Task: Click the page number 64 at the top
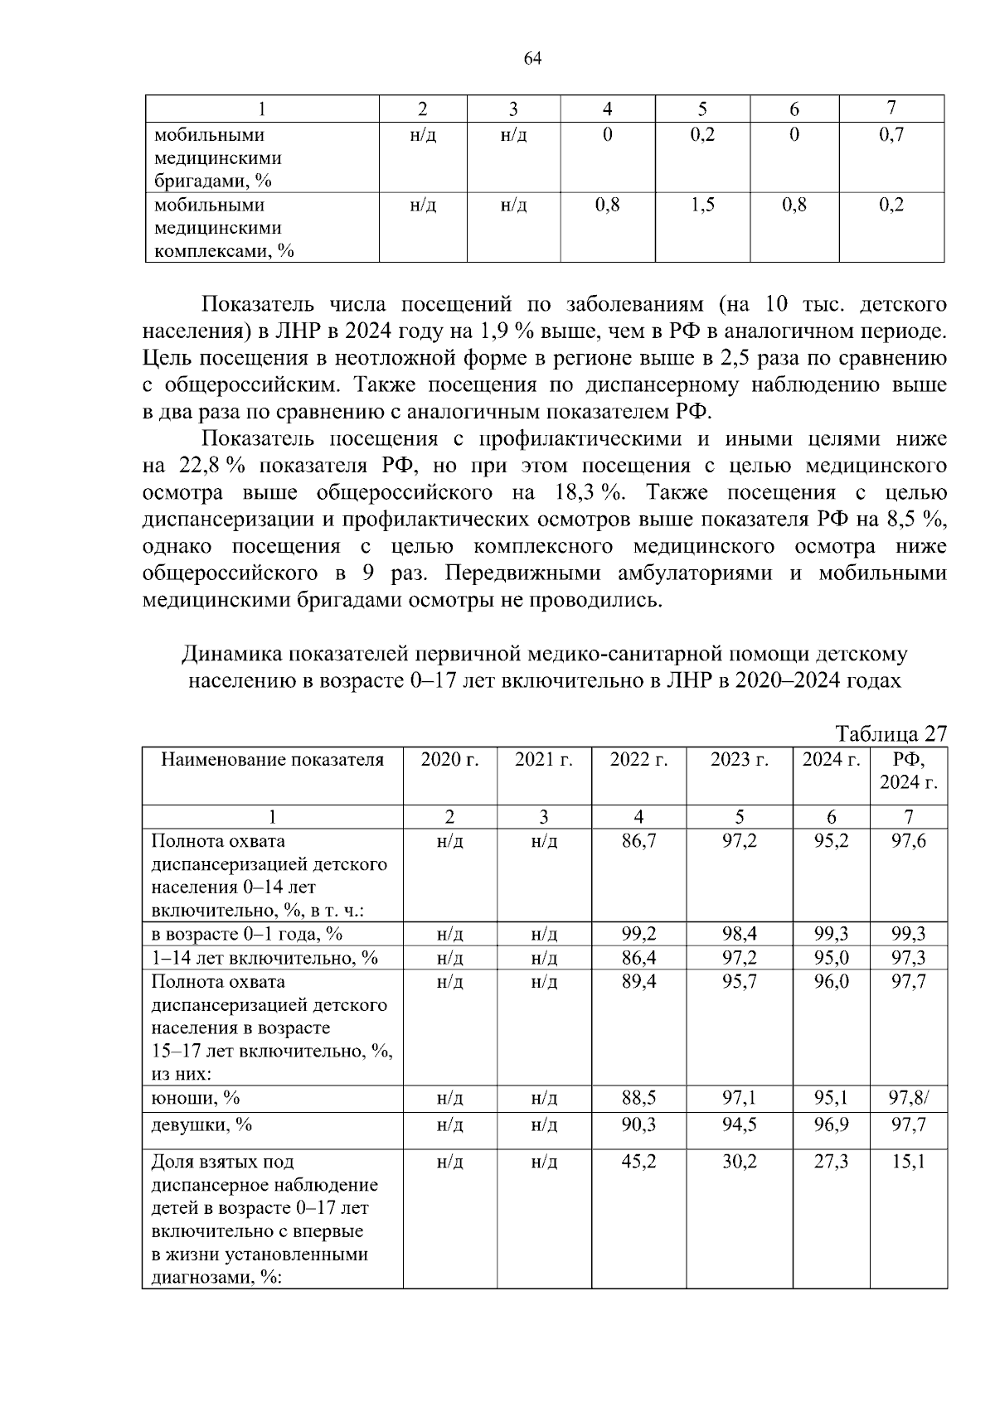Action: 532,58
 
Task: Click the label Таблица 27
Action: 891,734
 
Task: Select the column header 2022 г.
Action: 638,760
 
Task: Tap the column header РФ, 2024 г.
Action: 908,771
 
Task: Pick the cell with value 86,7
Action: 638,842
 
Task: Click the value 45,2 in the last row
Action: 638,1162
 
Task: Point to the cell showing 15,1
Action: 908,1162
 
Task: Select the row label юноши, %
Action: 196,1098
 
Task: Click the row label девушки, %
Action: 201,1125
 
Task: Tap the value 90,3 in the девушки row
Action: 638,1125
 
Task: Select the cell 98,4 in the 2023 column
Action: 739,934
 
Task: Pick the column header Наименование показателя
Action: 272,760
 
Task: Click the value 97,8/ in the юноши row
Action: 909,1098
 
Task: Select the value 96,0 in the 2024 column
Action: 831,982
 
